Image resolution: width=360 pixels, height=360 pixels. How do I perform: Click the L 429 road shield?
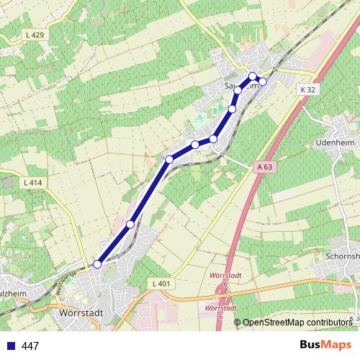coord(34,35)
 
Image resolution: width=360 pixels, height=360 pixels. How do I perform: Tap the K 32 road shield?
coord(307,89)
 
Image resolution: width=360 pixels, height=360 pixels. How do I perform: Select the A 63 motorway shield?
coord(264,166)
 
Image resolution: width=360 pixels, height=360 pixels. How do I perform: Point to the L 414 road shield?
coord(33,183)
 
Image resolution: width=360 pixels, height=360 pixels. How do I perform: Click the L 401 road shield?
coord(161,284)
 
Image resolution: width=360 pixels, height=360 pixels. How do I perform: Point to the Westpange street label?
coord(65,280)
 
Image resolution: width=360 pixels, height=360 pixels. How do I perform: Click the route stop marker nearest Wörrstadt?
coord(97,265)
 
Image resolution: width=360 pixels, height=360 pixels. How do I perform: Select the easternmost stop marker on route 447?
coord(263,81)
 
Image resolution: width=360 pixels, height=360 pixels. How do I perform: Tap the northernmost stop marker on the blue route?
coord(252,76)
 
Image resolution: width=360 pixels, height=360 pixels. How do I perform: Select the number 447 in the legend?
coord(30,346)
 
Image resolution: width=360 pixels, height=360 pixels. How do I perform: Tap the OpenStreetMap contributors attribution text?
coord(297,322)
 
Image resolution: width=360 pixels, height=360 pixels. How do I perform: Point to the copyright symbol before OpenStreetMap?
coord(238,322)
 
